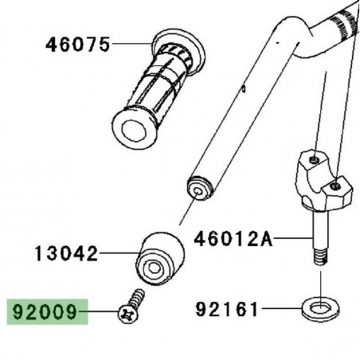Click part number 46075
pyautogui.click(x=76, y=45)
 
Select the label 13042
pyautogui.click(x=66, y=255)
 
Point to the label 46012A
pyautogui.click(x=233, y=237)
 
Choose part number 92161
pyautogui.click(x=228, y=306)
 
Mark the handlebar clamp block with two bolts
pyautogui.click(x=321, y=180)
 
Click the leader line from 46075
pyautogui.click(x=131, y=45)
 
